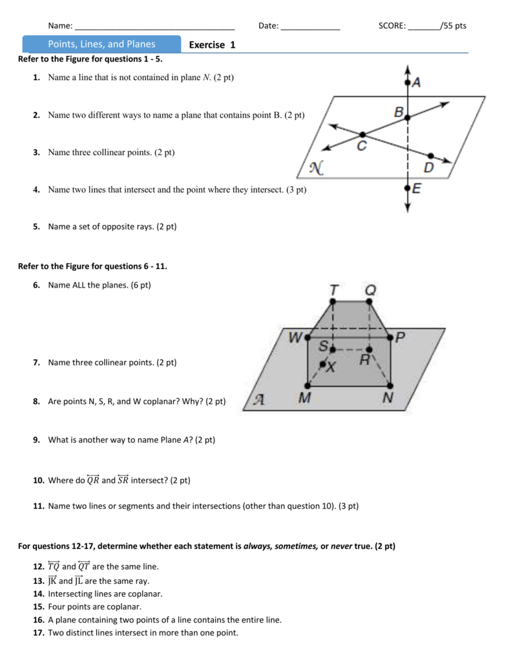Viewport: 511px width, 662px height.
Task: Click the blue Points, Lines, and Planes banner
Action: [101, 45]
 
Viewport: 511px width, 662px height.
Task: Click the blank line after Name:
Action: [155, 27]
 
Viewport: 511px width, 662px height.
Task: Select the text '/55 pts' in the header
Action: [453, 26]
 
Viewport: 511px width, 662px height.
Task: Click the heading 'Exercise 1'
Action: [213, 45]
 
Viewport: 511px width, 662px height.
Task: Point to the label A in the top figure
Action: [416, 83]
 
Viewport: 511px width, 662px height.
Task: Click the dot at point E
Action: [407, 188]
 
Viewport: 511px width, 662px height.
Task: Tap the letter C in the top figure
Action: [362, 147]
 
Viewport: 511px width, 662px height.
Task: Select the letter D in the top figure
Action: [429, 167]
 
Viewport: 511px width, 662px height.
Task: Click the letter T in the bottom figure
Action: [333, 291]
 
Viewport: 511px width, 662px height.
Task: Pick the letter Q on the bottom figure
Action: [370, 291]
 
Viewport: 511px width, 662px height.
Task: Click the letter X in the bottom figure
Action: [331, 367]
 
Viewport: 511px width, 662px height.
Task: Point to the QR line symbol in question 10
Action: [93, 479]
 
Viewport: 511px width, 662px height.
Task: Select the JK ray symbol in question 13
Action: [52, 580]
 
